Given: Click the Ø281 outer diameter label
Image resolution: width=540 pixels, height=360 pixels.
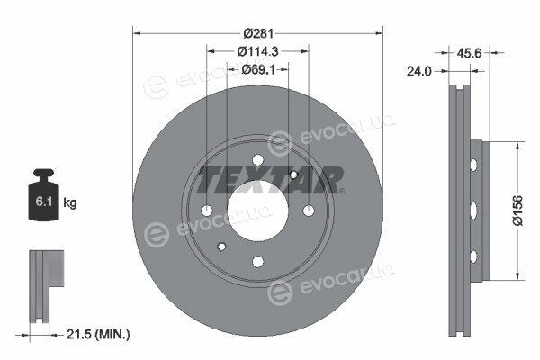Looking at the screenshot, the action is click(258, 33).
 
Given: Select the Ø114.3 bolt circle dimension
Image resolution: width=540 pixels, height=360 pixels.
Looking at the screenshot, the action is click(258, 51).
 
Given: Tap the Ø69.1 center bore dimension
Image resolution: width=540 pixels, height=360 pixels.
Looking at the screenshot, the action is click(258, 69).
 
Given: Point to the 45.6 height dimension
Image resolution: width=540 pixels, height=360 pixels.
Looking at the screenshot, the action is click(469, 53).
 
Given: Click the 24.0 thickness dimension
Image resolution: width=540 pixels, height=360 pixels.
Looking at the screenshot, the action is click(418, 71).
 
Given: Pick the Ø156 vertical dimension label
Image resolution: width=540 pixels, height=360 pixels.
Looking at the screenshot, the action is click(517, 210).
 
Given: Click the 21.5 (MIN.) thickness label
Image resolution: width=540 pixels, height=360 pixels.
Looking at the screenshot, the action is click(98, 334).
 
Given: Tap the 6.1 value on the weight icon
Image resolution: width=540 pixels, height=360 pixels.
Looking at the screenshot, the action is click(44, 202).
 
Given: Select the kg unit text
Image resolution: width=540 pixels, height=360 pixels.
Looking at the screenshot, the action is click(70, 202).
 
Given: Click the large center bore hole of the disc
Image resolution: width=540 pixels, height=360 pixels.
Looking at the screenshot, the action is click(257, 211).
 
